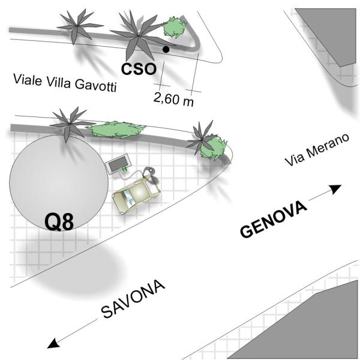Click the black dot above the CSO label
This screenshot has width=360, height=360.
tap(166, 49)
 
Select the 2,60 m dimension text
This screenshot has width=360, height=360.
tap(174, 99)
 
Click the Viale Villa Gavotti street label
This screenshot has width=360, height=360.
tap(64, 83)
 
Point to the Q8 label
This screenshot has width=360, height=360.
tap(60, 222)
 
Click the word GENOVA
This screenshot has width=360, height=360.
tap(274, 220)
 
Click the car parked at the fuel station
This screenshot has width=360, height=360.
tap(136, 196)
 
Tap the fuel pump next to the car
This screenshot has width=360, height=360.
tap(118, 163)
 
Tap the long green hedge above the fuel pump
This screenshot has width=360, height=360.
tap(113, 128)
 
